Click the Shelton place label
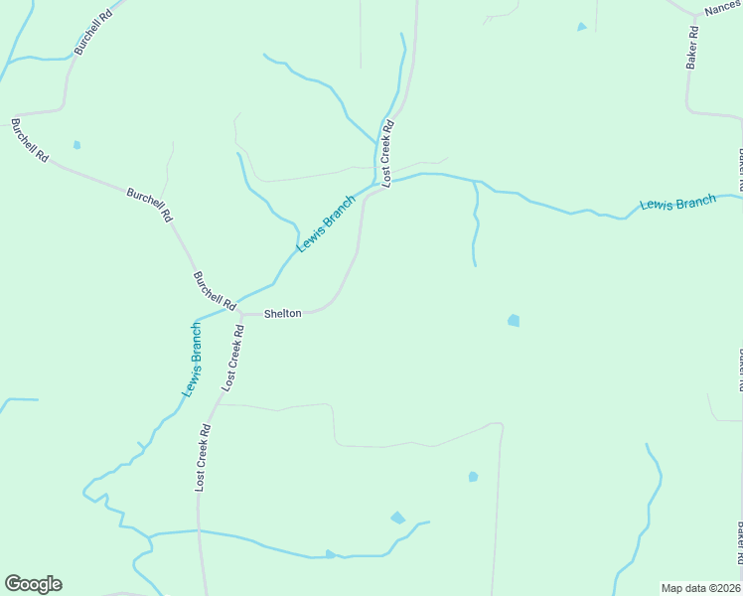pyautogui.click(x=282, y=313)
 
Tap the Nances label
pyautogui.click(x=722, y=8)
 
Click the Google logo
pyautogui.click(x=33, y=584)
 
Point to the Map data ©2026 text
pyautogui.click(x=701, y=588)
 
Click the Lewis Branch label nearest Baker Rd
pyautogui.click(x=677, y=204)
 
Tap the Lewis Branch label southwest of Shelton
pyautogui.click(x=193, y=361)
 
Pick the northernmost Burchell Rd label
pyautogui.click(x=92, y=33)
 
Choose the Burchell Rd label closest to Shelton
pyautogui.click(x=214, y=289)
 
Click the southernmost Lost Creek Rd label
pyautogui.click(x=204, y=458)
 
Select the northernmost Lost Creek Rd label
pyautogui.click(x=388, y=153)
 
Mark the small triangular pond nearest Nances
pyautogui.click(x=581, y=27)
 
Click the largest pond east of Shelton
pyautogui.click(x=514, y=320)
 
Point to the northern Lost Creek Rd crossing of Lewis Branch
pyautogui.click(x=378, y=184)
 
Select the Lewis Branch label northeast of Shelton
pyautogui.click(x=326, y=223)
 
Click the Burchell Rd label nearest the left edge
pyautogui.click(x=29, y=140)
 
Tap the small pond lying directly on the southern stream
pyautogui.click(x=330, y=553)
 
